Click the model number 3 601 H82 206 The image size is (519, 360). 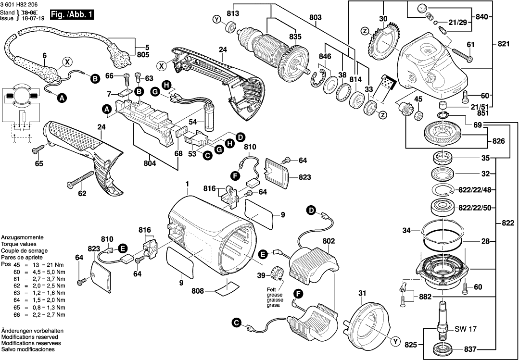20,4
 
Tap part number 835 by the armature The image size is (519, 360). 295,37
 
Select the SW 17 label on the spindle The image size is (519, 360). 466,329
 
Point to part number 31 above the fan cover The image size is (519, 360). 362,294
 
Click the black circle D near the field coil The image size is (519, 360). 311,210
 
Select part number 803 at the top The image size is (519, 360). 316,18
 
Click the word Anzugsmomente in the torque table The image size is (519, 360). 22,238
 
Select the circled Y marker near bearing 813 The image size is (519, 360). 217,20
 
